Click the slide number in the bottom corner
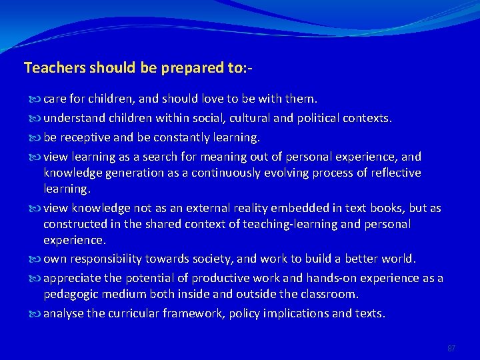(451, 348)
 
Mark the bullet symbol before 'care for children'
(35, 99)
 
